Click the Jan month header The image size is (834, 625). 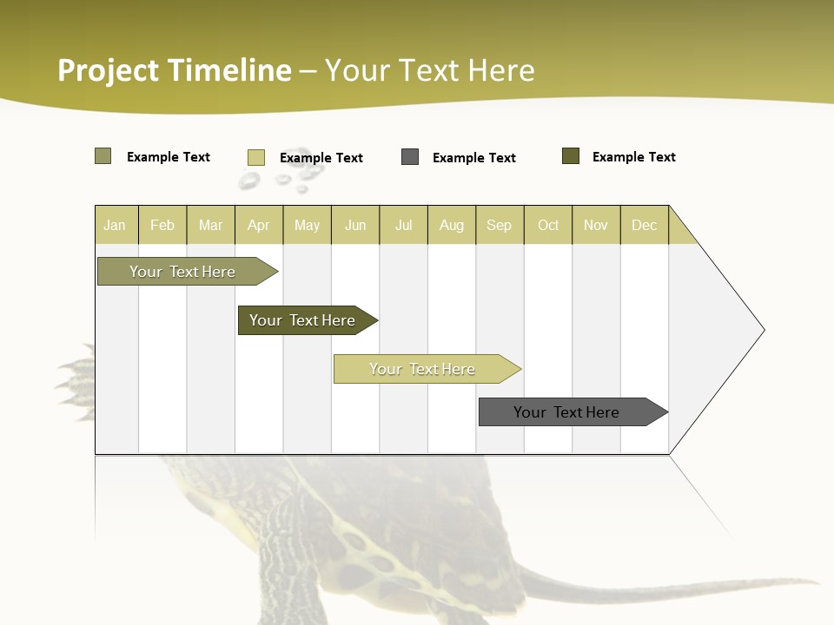tap(115, 225)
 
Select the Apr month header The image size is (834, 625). tap(258, 225)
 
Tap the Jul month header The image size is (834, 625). tap(403, 225)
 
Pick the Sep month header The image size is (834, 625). tap(499, 225)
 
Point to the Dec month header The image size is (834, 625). tap(644, 225)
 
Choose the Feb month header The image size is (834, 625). tap(162, 225)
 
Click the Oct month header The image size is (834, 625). tap(548, 225)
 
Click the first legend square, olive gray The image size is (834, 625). tap(103, 156)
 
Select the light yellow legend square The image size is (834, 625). tap(256, 157)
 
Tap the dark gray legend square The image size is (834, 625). tap(410, 157)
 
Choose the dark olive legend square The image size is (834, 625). tap(571, 156)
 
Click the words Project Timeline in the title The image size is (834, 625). tap(175, 70)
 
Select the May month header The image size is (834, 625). tap(307, 225)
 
